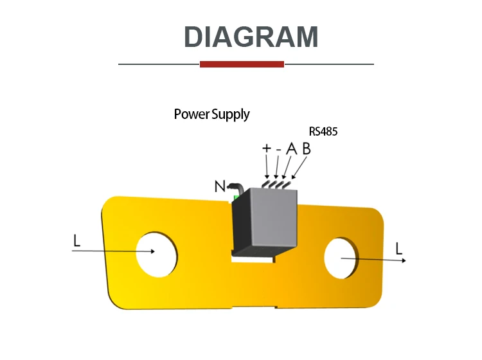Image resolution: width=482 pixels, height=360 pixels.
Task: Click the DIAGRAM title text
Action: tap(251, 37)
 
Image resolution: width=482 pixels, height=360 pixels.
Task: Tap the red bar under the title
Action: tap(242, 64)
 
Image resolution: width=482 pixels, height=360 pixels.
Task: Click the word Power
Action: tap(192, 114)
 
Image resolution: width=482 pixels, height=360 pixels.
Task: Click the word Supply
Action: tap(230, 115)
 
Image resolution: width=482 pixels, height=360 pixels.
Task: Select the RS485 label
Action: tap(323, 131)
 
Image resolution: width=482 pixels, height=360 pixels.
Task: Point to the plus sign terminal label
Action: tap(267, 148)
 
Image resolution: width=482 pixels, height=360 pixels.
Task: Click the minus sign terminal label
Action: tap(278, 149)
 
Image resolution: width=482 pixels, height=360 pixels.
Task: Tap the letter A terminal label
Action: tap(290, 148)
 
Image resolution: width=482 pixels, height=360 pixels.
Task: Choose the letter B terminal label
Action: tap(306, 148)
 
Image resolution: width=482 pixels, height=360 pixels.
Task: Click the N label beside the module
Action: tap(220, 186)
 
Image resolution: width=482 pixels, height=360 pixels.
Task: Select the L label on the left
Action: tap(77, 241)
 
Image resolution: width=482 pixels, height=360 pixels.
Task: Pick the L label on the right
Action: tap(399, 248)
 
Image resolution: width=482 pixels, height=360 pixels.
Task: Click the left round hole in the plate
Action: tap(156, 254)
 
